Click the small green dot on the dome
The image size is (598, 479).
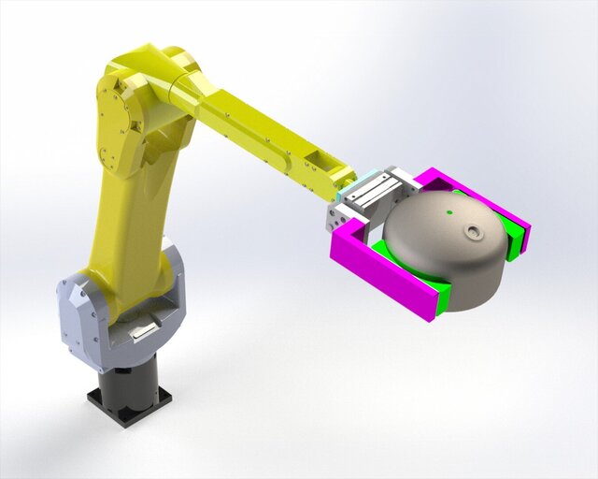pos(449,213)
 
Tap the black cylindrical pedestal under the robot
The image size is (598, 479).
pos(130,381)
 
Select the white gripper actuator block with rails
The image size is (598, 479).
pos(374,194)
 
